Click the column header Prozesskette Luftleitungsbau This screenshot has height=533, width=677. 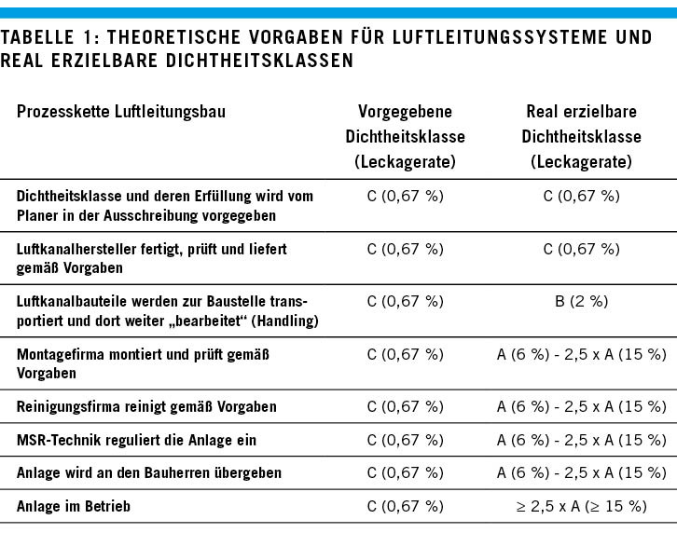click(x=121, y=112)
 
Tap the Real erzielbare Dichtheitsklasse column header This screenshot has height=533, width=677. click(x=581, y=136)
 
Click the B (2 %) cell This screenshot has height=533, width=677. click(x=581, y=301)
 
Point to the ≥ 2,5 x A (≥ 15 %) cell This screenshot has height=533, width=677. click(x=581, y=506)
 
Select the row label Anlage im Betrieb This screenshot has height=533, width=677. click(x=73, y=506)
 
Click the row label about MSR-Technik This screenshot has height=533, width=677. click(x=136, y=440)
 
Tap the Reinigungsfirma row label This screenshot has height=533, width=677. click(x=146, y=407)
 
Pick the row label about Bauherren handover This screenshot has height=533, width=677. click(x=149, y=473)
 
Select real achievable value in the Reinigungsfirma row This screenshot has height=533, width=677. click(x=581, y=407)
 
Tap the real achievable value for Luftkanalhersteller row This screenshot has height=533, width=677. click(x=581, y=249)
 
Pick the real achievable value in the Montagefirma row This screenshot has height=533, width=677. click(x=581, y=354)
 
